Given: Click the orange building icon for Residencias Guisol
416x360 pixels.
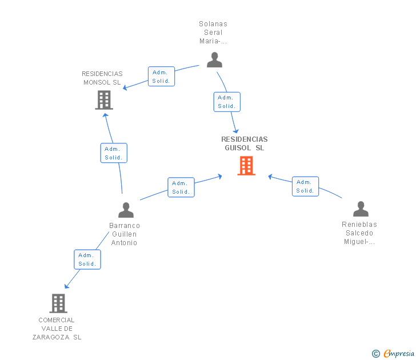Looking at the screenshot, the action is pyautogui.click(x=246, y=166).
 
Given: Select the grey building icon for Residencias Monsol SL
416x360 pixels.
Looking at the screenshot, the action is pyautogui.click(x=104, y=100).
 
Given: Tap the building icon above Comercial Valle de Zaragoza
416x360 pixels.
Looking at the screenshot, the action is pyautogui.click(x=58, y=303).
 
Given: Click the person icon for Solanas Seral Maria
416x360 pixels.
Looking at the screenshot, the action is pyautogui.click(x=214, y=59).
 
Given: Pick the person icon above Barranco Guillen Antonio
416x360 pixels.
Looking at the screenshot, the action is pyautogui.click(x=126, y=210).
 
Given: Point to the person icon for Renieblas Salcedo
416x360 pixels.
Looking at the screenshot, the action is pyautogui.click(x=361, y=209).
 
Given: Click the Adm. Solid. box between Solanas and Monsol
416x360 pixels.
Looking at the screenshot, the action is pyautogui.click(x=161, y=77).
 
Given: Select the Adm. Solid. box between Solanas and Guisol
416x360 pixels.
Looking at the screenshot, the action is pyautogui.click(x=227, y=102).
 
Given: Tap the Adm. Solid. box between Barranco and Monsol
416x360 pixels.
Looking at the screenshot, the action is pyautogui.click(x=114, y=153).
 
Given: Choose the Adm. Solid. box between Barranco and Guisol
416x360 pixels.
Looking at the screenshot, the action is pyautogui.click(x=181, y=187).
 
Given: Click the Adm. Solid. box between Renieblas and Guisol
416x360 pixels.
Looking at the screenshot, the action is pyautogui.click(x=305, y=186).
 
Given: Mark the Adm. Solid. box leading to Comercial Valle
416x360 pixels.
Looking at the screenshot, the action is pyautogui.click(x=87, y=259).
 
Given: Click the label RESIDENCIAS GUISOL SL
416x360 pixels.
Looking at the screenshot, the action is pyautogui.click(x=245, y=143).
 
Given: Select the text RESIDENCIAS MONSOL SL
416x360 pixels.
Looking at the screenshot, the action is pyautogui.click(x=102, y=78).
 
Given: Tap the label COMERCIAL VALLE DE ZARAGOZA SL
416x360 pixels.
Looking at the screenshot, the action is pyautogui.click(x=57, y=329).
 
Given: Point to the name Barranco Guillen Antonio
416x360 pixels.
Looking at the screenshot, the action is pyautogui.click(x=125, y=234).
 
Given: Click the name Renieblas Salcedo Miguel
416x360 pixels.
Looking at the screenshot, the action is pyautogui.click(x=359, y=233).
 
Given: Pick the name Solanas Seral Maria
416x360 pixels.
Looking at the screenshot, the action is pyautogui.click(x=213, y=33).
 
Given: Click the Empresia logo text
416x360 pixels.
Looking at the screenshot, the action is pyautogui.click(x=399, y=353).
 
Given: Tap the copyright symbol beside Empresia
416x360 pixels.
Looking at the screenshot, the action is pyautogui.click(x=376, y=354).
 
